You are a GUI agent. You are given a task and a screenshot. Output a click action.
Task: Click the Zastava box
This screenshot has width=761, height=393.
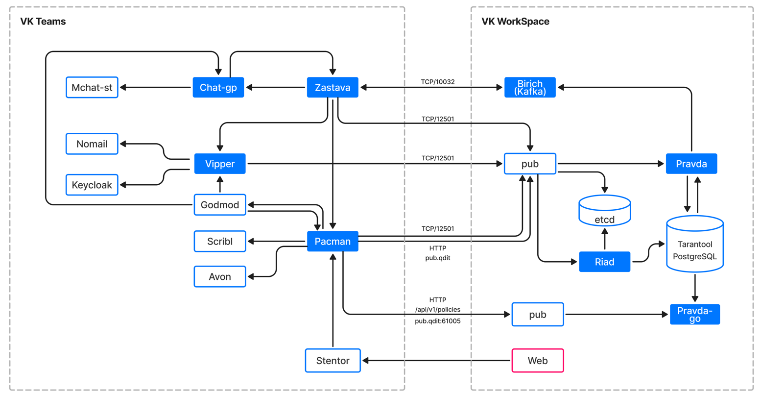tap(333, 88)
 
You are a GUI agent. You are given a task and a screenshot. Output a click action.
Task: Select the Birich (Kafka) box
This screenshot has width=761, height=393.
tap(530, 88)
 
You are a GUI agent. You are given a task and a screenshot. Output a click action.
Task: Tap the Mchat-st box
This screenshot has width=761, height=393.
tap(92, 88)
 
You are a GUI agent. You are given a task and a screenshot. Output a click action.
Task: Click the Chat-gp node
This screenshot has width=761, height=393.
tap(218, 88)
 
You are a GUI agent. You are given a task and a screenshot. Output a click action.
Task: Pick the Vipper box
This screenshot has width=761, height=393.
tap(220, 164)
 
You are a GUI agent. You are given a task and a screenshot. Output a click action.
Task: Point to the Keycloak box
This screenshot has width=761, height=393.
tap(92, 185)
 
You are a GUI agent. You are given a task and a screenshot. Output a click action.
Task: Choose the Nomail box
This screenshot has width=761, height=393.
tap(92, 144)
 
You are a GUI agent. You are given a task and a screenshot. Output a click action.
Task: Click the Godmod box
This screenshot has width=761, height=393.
tap(220, 205)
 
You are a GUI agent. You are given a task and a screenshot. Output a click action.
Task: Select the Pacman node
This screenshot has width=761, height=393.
tap(333, 242)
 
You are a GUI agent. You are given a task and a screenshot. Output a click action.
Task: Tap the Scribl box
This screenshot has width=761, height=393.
tap(220, 242)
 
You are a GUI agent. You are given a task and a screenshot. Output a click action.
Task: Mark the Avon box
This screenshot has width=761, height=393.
tap(220, 277)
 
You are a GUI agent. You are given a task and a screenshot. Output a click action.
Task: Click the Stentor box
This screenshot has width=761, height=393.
tap(333, 361)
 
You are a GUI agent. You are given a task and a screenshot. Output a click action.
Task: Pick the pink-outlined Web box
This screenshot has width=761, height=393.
tap(538, 361)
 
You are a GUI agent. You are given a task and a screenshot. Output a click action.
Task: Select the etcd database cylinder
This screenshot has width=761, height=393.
tap(605, 212)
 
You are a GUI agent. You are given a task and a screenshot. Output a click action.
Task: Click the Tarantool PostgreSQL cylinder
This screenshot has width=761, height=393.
tap(695, 245)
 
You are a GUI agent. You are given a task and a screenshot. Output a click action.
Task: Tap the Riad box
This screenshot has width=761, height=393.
tap(605, 262)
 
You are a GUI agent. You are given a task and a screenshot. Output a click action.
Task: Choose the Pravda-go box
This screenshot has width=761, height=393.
tap(695, 315)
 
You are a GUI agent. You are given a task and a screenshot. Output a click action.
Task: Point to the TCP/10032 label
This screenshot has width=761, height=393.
tap(438, 82)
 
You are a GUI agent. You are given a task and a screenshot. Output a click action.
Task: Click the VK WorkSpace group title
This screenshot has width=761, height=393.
tap(515, 22)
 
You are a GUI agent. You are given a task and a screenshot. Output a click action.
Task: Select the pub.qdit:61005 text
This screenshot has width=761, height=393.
tap(438, 321)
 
